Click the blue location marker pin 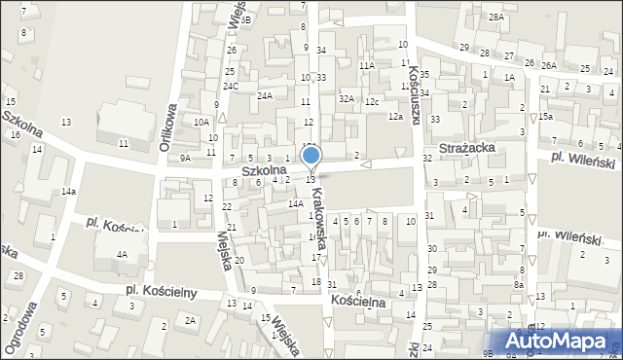311,157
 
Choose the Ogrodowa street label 14,331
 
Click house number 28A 496,18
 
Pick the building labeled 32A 346,98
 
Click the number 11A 366,65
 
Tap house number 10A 202,122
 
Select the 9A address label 185,158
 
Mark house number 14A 295,203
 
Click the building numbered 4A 122,255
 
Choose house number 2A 191,320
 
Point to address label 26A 548,65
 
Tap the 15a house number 546,117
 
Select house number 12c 372,101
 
